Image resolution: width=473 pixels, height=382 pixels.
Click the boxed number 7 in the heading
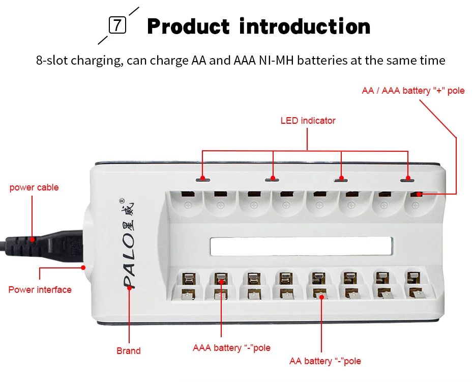[x=117, y=25]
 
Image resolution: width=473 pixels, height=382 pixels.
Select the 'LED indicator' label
[x=308, y=121]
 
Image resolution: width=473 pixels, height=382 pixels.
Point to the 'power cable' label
[x=34, y=187]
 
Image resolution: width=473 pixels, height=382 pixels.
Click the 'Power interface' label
[x=40, y=290]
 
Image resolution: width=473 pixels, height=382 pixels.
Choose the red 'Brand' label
[x=129, y=350]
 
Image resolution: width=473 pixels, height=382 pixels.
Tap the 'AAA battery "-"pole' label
[x=231, y=348]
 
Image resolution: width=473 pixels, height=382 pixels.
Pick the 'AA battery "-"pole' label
[x=325, y=361]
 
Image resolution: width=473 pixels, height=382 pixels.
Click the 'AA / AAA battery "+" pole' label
[x=413, y=91]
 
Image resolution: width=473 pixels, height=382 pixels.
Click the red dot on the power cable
[x=33, y=238]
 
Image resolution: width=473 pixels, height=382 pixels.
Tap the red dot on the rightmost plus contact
[x=419, y=194]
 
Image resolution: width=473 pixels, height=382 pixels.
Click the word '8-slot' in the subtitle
[x=52, y=61]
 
